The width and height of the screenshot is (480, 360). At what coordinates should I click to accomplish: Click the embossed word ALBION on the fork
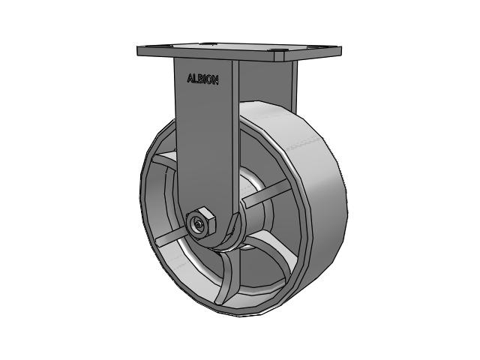[x=202, y=79]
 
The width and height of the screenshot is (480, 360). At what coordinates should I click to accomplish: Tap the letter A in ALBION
[x=190, y=78]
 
